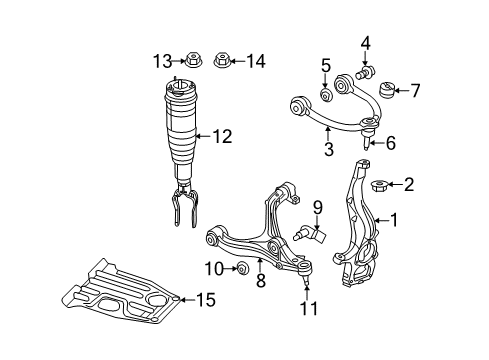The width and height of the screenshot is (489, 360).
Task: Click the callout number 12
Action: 221,135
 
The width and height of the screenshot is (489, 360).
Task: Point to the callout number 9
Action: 318,208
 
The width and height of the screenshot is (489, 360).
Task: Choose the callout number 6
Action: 391,143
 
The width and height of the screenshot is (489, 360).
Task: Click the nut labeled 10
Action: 241,269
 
